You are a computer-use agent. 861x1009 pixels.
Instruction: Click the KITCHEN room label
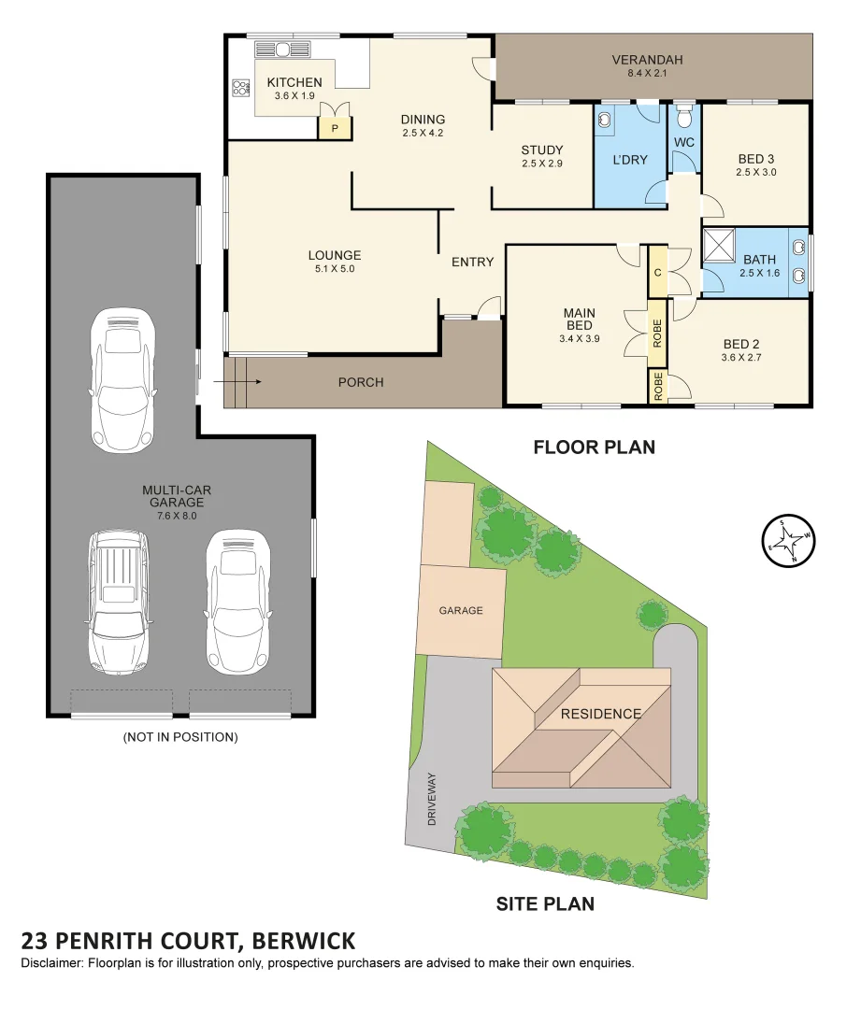click(294, 82)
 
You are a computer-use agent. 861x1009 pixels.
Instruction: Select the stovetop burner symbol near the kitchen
click(241, 88)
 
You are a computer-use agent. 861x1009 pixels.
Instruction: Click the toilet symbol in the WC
click(685, 117)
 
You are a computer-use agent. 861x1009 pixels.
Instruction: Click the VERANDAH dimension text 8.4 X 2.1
click(648, 73)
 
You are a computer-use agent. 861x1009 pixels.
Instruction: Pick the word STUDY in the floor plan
click(542, 150)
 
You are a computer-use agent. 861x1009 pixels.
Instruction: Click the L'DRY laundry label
click(630, 160)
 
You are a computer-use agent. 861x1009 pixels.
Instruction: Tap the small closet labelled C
click(657, 273)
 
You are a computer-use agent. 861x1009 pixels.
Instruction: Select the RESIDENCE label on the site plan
click(601, 714)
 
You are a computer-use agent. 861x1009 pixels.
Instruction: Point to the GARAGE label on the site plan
click(461, 610)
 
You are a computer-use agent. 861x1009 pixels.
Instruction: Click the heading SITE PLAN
click(545, 903)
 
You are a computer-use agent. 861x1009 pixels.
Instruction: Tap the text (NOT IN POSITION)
click(180, 737)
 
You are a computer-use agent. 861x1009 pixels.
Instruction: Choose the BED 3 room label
click(756, 159)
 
